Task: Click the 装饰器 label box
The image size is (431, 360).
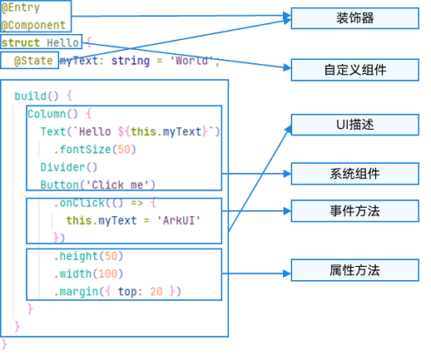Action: pos(354,18)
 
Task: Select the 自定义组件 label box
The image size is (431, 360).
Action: pos(354,70)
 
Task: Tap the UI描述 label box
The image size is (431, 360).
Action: pos(354,125)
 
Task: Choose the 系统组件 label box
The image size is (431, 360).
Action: pos(354,174)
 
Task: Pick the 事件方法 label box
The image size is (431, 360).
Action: pos(354,211)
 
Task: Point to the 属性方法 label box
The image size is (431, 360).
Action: pos(354,270)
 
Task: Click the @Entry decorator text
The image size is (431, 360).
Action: pos(21,7)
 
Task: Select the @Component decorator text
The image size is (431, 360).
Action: pos(33,25)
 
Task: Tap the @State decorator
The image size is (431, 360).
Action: pos(33,61)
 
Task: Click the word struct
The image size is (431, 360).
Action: pos(21,42)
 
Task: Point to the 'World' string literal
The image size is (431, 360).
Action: pos(192,61)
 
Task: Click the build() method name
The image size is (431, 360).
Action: pos(37,96)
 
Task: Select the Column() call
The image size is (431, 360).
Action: pos(52,114)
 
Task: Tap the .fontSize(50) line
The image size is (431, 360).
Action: pos(95,150)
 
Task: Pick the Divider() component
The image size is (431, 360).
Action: pos(69,167)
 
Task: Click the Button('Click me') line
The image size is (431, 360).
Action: pos(97,185)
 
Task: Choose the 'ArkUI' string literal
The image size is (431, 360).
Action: pos(179,220)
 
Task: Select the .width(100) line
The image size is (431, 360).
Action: pos(88,274)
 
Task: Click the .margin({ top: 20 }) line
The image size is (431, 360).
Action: pos(117,292)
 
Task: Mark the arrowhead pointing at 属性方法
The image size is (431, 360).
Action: pos(287,274)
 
